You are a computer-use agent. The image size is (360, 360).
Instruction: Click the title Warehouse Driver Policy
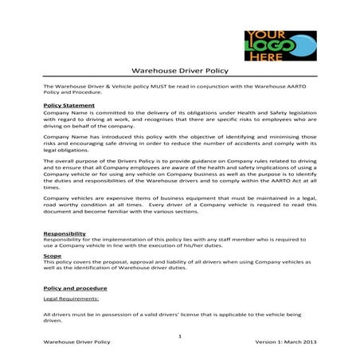179,71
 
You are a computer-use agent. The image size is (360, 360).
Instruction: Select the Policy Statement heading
69,104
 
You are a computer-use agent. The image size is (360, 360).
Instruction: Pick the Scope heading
54,255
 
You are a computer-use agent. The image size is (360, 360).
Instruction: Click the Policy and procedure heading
76,287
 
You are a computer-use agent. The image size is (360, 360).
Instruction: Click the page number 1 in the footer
180,335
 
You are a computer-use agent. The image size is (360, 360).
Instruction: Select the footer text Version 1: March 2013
282,342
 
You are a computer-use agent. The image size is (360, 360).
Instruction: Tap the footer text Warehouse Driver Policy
77,342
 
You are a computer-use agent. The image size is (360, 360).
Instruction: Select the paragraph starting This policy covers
179,267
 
